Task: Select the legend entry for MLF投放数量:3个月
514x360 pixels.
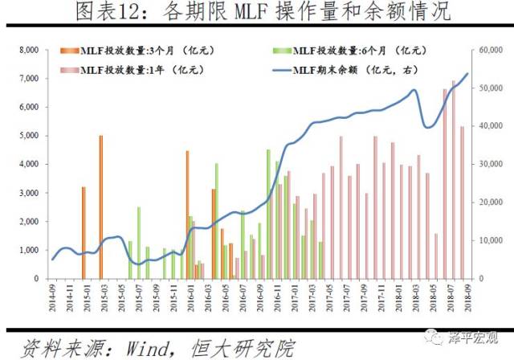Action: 137,50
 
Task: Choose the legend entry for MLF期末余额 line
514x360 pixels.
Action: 345,69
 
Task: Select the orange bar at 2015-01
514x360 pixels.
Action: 84,232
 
